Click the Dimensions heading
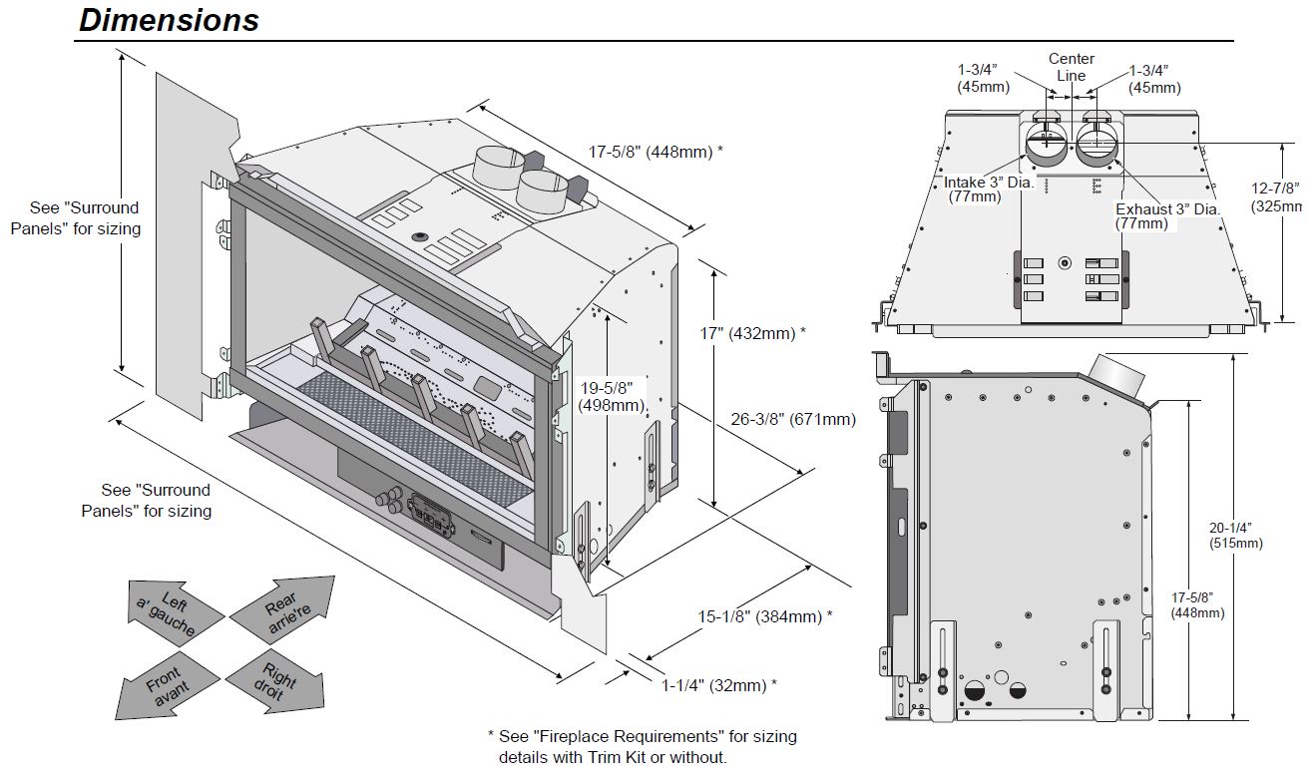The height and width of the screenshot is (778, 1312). tap(169, 20)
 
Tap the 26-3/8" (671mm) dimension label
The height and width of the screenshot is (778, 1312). tap(793, 419)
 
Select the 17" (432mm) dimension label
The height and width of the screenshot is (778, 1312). tap(753, 333)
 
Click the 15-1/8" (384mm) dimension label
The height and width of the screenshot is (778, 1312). tap(764, 616)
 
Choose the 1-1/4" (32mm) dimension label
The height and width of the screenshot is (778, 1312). tap(718, 685)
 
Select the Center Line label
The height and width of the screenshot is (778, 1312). tap(1071, 68)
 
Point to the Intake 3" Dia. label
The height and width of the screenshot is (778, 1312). tap(989, 190)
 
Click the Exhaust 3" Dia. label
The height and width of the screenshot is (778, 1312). tap(1167, 216)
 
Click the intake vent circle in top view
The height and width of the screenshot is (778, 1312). tap(1048, 146)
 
